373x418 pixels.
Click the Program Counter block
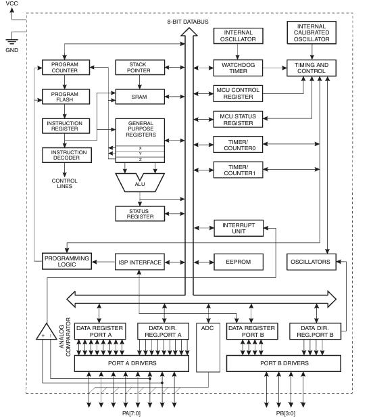tap(66, 68)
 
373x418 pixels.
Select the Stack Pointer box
tap(140, 68)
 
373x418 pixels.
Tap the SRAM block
tap(140, 97)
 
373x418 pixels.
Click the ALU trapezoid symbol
tap(140, 183)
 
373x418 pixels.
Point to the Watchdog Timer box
tap(238, 68)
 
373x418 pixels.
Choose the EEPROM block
tap(239, 262)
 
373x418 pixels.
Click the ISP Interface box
tap(140, 262)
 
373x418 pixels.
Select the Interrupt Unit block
tap(239, 228)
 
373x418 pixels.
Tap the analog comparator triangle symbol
tap(47, 332)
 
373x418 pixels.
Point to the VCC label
tap(11, 3)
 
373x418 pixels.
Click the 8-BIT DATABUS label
tap(188, 22)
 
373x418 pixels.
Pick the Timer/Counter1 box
tap(239, 170)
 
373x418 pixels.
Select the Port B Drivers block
tap(284, 363)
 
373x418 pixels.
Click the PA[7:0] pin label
tap(131, 413)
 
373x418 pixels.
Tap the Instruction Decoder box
tap(67, 155)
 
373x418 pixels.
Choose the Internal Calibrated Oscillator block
tap(312, 32)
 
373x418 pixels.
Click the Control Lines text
tap(64, 183)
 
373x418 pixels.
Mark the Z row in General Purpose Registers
tap(140, 160)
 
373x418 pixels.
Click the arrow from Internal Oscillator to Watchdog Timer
tap(238, 51)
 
